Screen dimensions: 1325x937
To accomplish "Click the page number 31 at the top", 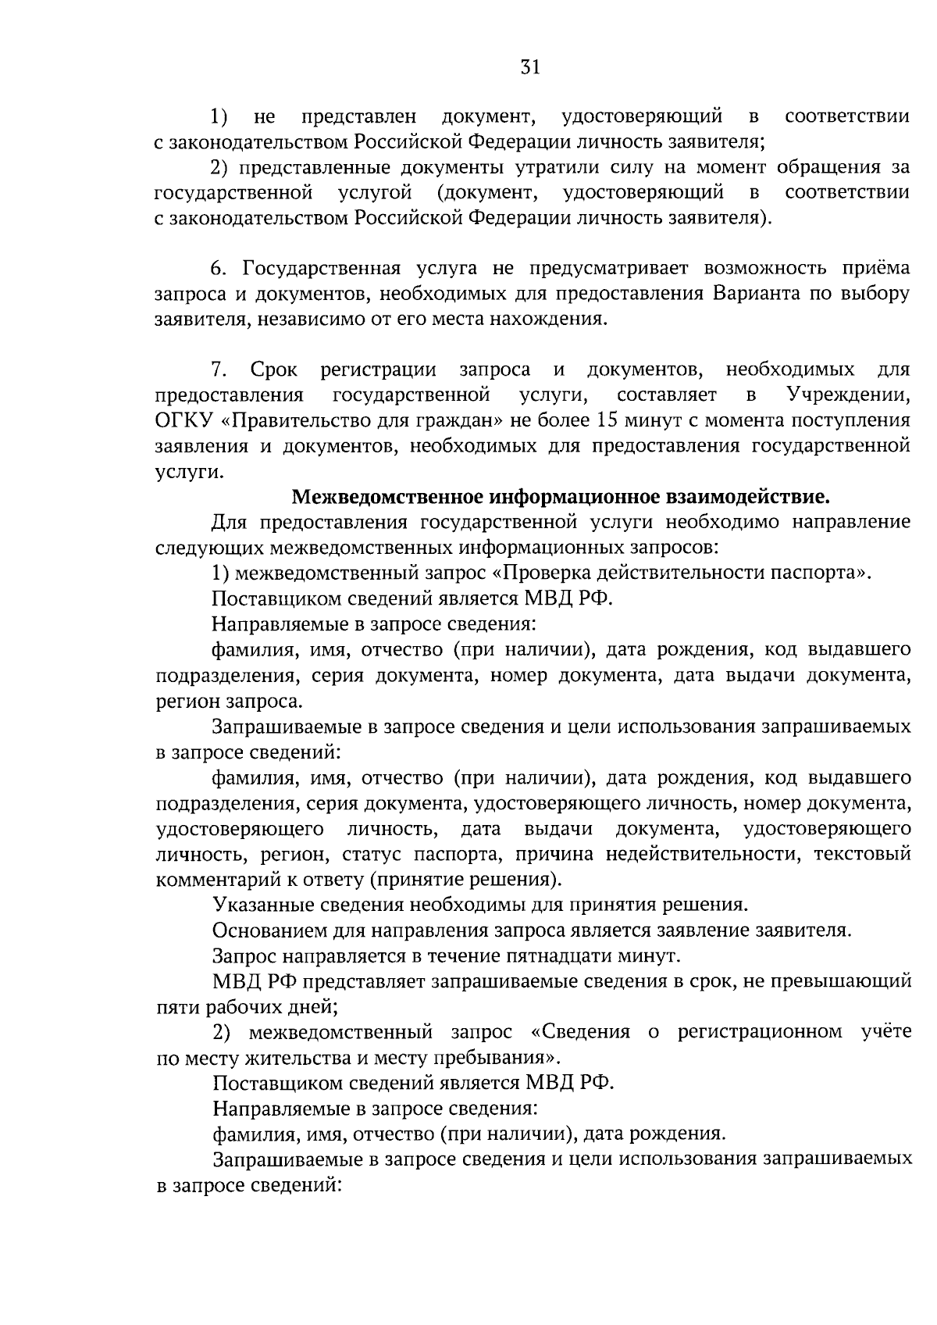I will [x=530, y=68].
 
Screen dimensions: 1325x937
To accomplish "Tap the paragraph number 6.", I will [x=219, y=269].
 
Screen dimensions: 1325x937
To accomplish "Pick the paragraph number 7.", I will [x=219, y=370].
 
